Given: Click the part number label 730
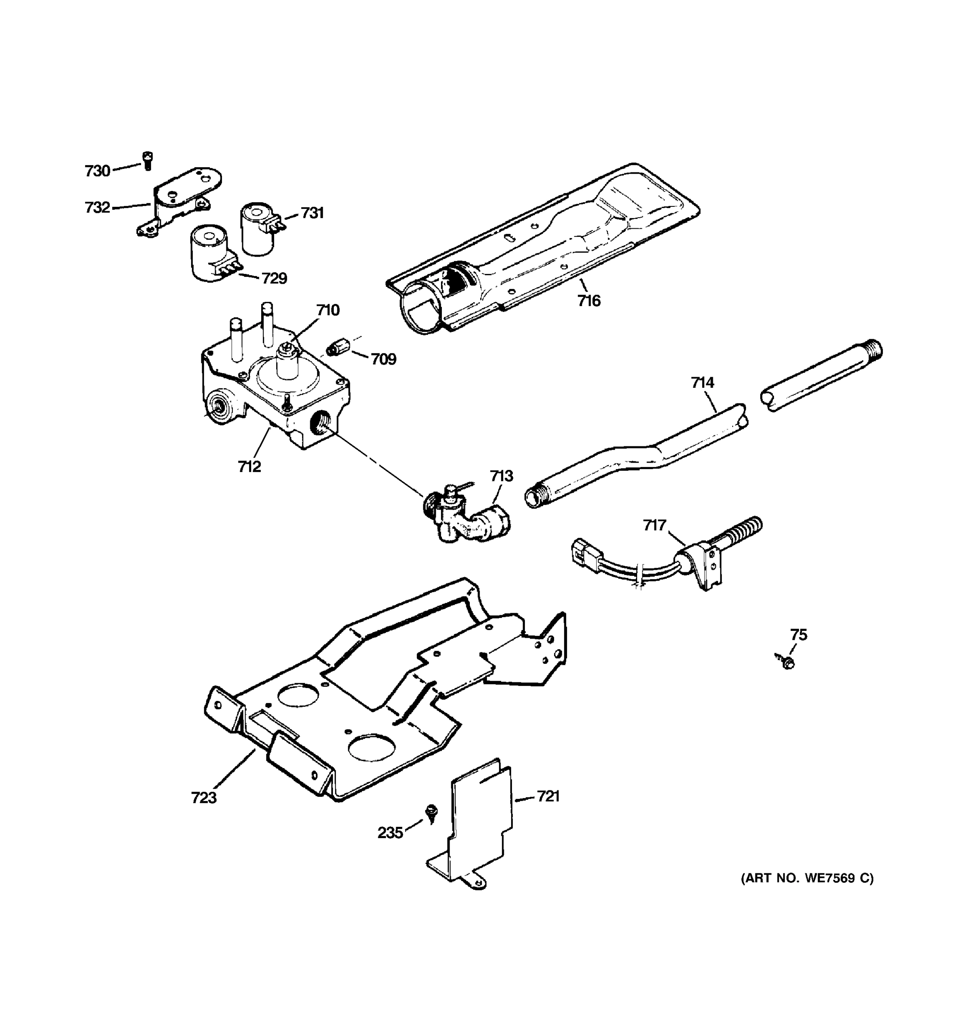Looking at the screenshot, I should pos(97,171).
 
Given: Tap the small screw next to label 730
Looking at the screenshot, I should pos(148,160).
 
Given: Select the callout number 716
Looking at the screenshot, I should pos(589,301).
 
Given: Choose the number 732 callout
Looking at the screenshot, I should pos(97,208).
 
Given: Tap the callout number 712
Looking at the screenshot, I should pos(249,467).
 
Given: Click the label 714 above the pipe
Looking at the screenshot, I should pos(702,383).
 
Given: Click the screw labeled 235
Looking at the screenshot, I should pos(431,812).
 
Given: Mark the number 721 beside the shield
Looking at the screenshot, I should pos(548,796).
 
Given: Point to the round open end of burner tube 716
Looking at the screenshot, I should pos(421,307).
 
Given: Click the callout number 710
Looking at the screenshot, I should pos(328,310).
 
